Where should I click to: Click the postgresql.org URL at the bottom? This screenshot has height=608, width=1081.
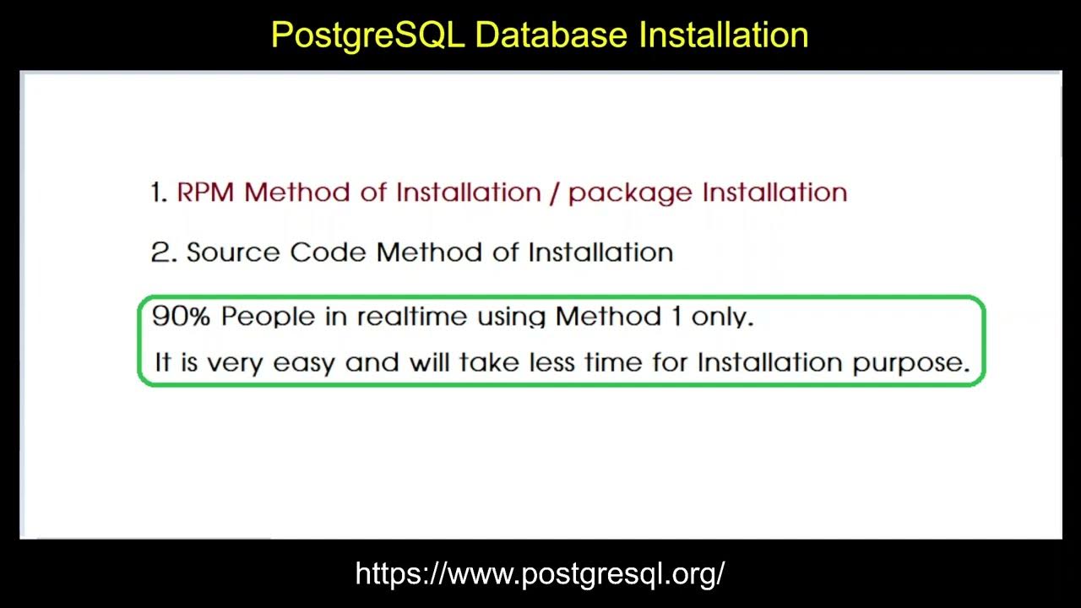click(x=540, y=574)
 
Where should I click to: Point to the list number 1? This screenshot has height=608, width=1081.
click(x=158, y=193)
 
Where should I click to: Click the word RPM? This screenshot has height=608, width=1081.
click(x=206, y=193)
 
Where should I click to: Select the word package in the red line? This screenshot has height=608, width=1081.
click(x=629, y=193)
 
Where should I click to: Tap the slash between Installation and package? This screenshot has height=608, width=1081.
click(x=554, y=193)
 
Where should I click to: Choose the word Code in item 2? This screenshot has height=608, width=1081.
click(x=329, y=252)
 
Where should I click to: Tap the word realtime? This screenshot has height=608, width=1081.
click(x=411, y=317)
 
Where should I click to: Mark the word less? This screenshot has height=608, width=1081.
click(x=554, y=363)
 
